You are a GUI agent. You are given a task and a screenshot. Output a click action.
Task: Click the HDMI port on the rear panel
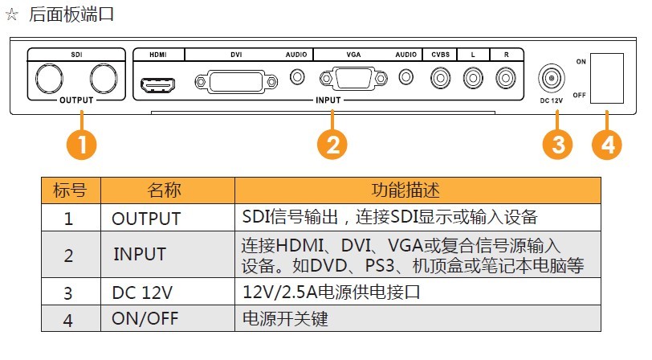pos(158,85)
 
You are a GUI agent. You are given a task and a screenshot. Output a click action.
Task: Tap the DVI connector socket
pos(236,82)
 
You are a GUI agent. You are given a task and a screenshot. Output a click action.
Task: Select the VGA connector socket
pos(353,78)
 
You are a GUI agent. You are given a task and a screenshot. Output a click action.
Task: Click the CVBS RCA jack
pos(440,78)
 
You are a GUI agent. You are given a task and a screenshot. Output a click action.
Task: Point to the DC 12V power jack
pos(552,78)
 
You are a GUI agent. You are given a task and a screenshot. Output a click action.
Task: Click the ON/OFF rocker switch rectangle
pos(607,78)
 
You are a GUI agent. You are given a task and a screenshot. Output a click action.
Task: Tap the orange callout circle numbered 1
pos(82,145)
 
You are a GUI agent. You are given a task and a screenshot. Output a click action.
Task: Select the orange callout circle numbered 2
pos(332,145)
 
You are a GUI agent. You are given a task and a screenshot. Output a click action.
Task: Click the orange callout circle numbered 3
pos(557,145)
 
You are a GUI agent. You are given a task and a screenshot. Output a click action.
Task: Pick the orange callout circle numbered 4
pos(607,145)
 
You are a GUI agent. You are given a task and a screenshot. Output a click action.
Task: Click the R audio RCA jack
pos(506,78)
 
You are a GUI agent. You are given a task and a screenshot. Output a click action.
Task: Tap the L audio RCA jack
pos(473,78)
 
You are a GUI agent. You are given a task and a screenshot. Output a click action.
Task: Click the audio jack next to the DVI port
pos(297,77)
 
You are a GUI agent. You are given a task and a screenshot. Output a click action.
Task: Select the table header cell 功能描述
pos(418,190)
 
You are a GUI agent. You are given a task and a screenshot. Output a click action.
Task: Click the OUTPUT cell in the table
pos(168,218)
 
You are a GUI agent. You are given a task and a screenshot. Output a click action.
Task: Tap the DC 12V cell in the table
pos(168,292)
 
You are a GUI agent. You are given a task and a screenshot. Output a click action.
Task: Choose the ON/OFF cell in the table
pos(168,318)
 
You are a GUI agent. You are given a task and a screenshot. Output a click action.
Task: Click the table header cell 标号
pos(71,190)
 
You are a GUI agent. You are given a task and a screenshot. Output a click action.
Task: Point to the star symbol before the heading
pos(11,14)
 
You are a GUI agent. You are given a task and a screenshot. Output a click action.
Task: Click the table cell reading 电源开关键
pos(418,318)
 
